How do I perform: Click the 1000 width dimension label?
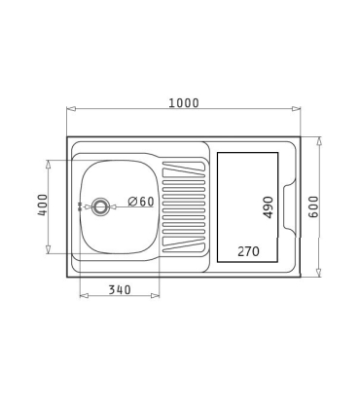pyautogui.click(x=184, y=103)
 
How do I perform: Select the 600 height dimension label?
pyautogui.click(x=313, y=206)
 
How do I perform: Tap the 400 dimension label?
pyautogui.click(x=43, y=205)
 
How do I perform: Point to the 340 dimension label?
pyautogui.click(x=120, y=289)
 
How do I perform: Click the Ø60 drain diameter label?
pyautogui.click(x=141, y=202)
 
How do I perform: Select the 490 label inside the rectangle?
pyautogui.click(x=269, y=207)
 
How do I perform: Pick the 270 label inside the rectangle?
pyautogui.click(x=248, y=251)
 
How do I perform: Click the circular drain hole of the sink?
pyautogui.click(x=99, y=206)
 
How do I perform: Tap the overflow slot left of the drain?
pyautogui.click(x=80, y=206)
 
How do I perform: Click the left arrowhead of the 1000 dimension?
pyautogui.click(x=71, y=109)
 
